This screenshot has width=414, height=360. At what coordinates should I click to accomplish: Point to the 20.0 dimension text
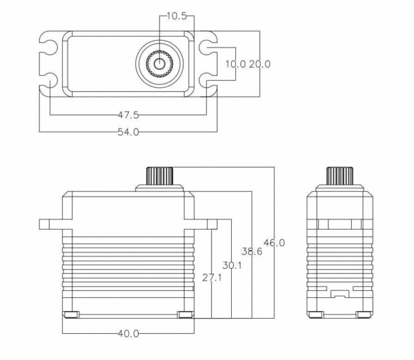[259, 64]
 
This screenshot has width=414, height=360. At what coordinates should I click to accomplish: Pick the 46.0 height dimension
[274, 243]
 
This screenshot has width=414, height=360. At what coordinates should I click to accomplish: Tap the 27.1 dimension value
[212, 277]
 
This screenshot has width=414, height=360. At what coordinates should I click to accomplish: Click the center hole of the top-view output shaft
[159, 64]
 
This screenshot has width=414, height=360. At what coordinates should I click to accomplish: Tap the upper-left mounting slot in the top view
[50, 48]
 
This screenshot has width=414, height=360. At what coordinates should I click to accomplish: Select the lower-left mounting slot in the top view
[50, 81]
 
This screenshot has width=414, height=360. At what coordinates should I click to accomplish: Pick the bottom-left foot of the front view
[71, 315]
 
